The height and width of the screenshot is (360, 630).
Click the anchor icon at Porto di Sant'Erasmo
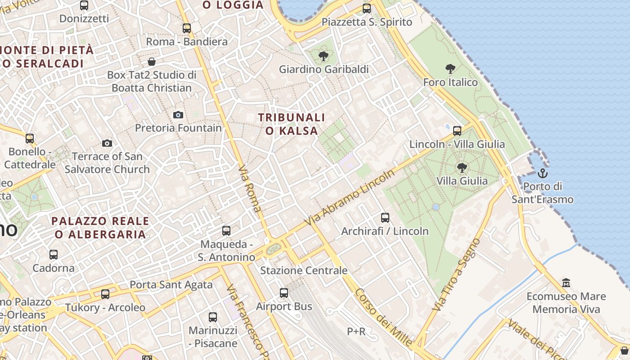point(543,173)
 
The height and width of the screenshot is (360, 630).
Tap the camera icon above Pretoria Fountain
point(178,115)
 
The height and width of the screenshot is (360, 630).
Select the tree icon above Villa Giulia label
point(461,168)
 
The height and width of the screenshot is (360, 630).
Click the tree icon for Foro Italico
point(450,69)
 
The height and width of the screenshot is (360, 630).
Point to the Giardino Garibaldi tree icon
point(323,56)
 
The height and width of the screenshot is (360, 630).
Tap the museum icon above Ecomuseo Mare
point(566,283)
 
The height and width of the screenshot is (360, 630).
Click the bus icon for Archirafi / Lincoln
point(385,218)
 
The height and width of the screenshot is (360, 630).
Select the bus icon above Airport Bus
point(284,293)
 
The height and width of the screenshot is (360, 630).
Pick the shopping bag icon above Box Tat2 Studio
point(152,61)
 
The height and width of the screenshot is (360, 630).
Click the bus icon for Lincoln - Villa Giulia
point(457,131)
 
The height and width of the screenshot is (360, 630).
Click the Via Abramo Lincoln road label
point(349,198)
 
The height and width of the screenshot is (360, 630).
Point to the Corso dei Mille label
point(383,317)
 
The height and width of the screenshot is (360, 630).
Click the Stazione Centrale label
point(304,270)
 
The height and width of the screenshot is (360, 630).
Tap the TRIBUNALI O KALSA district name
point(292,124)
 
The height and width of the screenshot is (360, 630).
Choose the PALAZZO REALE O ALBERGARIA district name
point(100,228)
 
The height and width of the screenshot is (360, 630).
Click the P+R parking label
point(356,332)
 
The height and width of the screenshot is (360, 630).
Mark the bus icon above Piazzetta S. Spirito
point(367,9)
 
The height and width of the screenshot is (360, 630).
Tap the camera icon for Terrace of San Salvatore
point(107,144)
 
